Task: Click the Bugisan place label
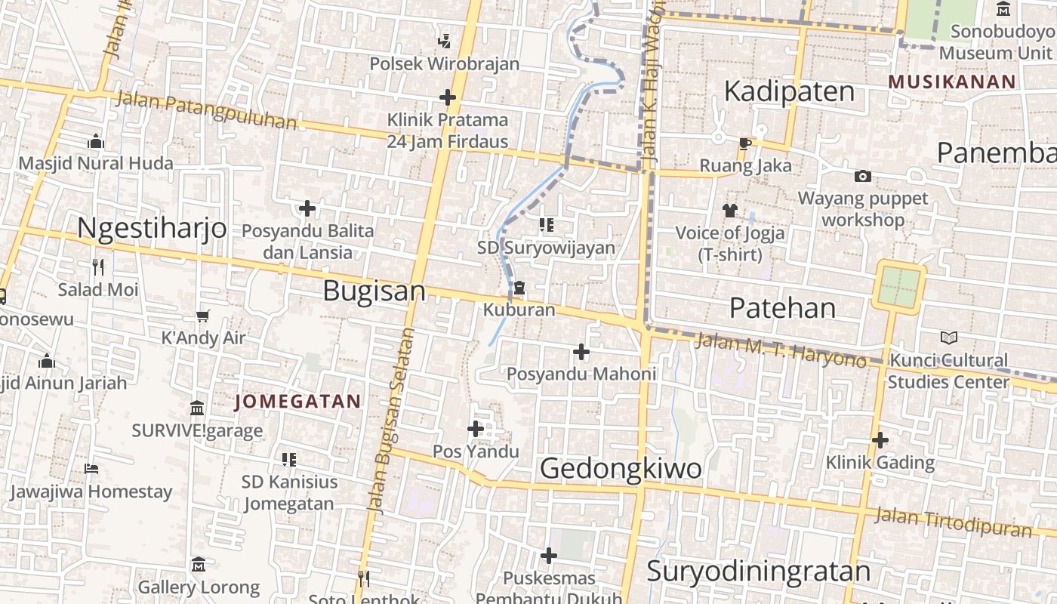coord(374,291)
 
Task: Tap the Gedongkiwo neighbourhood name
coord(621,469)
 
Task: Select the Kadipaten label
coord(789,91)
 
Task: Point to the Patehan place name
coord(783,308)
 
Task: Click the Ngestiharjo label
coord(152,227)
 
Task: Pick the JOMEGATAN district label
coord(297,402)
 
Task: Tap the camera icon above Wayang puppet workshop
coord(862,177)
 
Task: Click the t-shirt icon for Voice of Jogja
coord(729,210)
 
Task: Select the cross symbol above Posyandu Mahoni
coord(581,352)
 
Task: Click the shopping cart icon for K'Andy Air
coord(202,316)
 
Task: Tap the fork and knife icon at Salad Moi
coord(97,267)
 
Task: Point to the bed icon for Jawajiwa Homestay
coord(91,469)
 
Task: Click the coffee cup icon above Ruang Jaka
coord(745,143)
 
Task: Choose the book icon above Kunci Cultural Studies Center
coord(948,338)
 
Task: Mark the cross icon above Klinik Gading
coord(880,439)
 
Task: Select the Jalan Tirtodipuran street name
coord(953,522)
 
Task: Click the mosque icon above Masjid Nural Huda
coord(95,141)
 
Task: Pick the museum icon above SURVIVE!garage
coord(197,408)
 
